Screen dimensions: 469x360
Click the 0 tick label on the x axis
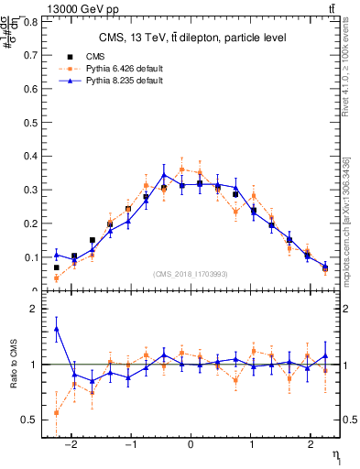tap(191, 444)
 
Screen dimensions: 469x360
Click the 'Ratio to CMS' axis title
tap(14, 365)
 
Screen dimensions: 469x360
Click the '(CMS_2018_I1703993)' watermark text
tap(191, 274)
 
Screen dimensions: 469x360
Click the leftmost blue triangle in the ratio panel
tap(57, 328)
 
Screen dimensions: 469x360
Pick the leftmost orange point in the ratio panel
tap(57, 412)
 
